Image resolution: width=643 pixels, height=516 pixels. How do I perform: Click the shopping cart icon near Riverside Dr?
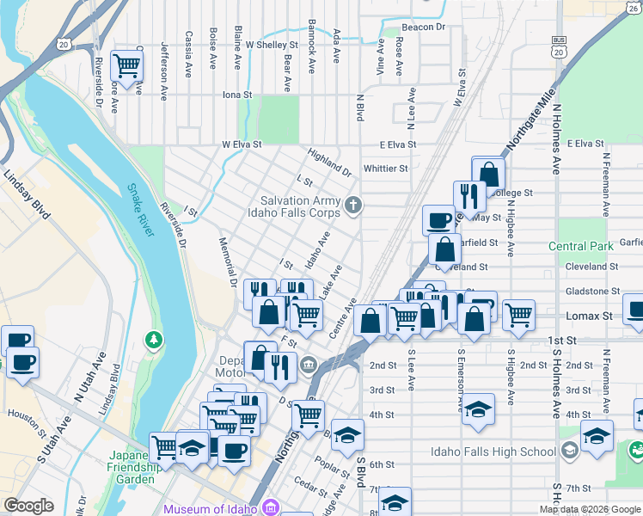pyautogui.click(x=127, y=64)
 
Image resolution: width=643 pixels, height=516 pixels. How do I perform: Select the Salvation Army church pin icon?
pyautogui.click(x=353, y=205)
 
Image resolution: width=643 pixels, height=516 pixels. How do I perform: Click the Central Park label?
pyautogui.click(x=581, y=247)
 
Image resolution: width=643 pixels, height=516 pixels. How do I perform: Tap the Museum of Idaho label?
pyautogui.click(x=211, y=508)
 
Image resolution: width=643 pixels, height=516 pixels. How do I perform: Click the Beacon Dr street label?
pyautogui.click(x=423, y=28)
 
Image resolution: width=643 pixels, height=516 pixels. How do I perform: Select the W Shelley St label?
pyautogui.click(x=271, y=44)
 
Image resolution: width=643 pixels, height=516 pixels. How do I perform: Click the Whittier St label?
pyautogui.click(x=385, y=169)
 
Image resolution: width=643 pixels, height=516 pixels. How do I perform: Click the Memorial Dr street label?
pyautogui.click(x=226, y=261)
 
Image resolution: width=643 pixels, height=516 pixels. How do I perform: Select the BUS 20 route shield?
pyautogui.click(x=559, y=47)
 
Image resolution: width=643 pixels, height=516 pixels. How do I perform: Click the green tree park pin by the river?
pyautogui.click(x=155, y=340)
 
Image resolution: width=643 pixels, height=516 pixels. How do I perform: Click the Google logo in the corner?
pyautogui.click(x=28, y=506)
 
